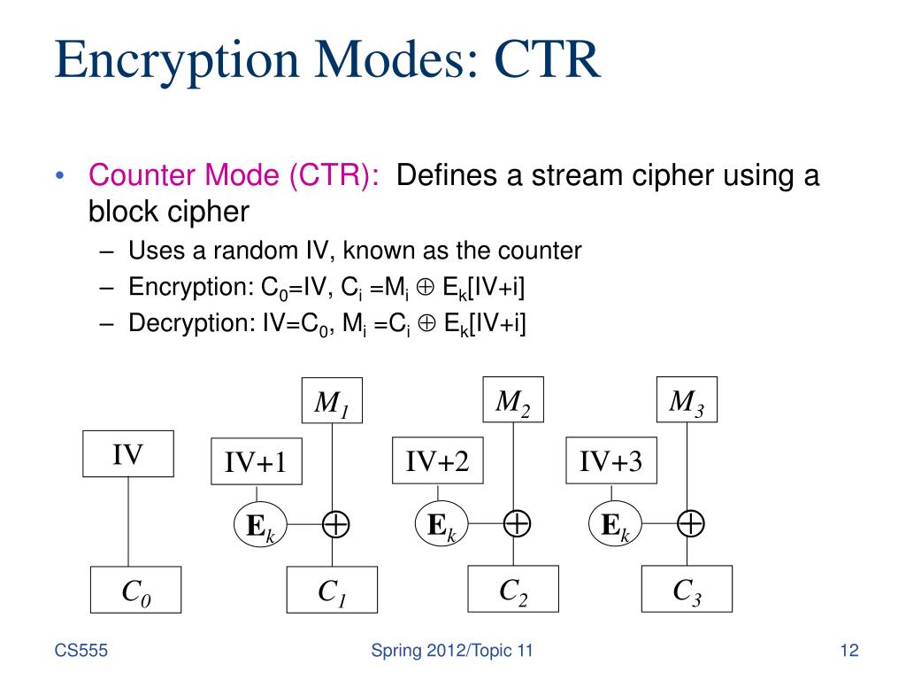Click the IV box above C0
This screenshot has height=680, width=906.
click(128, 454)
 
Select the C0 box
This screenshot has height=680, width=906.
click(135, 590)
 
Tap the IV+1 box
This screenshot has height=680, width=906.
click(257, 461)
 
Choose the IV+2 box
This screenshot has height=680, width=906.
click(437, 460)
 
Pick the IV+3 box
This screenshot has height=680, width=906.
click(611, 460)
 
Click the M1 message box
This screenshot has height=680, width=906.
click(333, 403)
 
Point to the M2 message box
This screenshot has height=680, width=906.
click(512, 401)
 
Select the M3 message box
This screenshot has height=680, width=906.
click(686, 401)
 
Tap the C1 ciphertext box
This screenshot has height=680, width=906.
click(332, 591)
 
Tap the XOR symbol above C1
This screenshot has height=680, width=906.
click(334, 524)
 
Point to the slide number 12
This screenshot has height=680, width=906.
click(849, 653)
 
